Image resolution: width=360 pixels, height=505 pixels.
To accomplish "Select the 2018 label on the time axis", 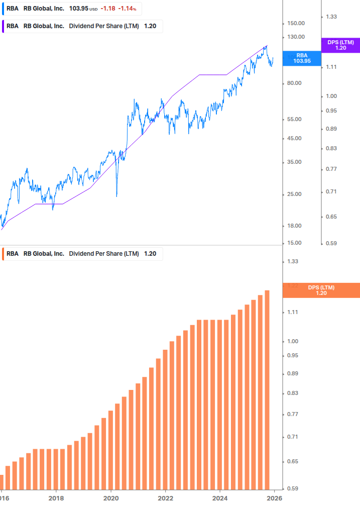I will (x=56, y=498).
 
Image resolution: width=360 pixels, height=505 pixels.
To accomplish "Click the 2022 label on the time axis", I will (x=165, y=498).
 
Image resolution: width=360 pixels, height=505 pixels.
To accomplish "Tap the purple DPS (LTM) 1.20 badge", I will (x=340, y=45).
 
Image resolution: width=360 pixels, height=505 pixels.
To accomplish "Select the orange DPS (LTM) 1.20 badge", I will (x=321, y=290).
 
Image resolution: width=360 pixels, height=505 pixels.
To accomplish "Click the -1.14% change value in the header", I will (x=127, y=9).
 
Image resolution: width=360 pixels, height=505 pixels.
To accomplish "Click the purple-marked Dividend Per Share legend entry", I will (x=83, y=26).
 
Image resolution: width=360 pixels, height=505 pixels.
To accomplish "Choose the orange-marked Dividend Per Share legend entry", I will (x=83, y=254).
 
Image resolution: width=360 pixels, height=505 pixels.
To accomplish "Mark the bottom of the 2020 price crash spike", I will (x=116, y=196).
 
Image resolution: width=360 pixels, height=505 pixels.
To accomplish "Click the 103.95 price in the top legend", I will (x=78, y=9).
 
